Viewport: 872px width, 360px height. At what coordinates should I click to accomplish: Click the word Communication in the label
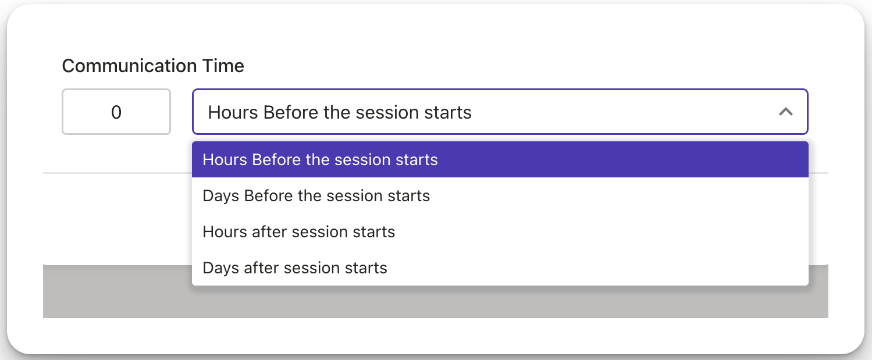129,66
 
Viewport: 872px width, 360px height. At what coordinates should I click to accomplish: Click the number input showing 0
116,112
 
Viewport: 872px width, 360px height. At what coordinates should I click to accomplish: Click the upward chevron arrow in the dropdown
786,112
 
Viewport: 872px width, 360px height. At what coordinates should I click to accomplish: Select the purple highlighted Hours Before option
500,159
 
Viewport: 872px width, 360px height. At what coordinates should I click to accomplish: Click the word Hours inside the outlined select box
233,112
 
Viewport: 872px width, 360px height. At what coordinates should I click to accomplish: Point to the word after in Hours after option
269,232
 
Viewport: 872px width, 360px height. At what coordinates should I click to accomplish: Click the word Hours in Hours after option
225,232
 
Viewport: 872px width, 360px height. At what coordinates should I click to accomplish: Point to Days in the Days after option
220,268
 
